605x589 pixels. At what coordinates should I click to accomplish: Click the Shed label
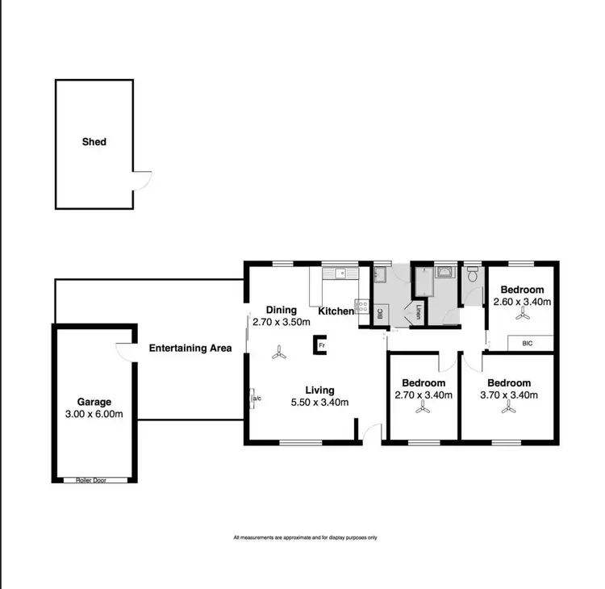[94, 142]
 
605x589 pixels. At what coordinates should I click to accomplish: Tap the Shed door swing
[142, 180]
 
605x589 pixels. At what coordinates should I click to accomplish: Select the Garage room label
[94, 402]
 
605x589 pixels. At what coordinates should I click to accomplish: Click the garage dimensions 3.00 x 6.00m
[94, 415]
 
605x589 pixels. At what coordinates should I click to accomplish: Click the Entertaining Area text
[190, 349]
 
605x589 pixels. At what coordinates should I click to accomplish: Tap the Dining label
[282, 310]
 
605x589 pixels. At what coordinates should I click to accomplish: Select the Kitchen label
[336, 311]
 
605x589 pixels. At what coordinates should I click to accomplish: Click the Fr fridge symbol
[320, 345]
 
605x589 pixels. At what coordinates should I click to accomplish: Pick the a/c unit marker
[256, 399]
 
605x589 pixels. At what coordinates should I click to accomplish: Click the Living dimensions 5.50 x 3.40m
[320, 403]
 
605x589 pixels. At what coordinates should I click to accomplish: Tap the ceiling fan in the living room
[278, 352]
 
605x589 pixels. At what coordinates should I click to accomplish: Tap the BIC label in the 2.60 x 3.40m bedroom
[528, 344]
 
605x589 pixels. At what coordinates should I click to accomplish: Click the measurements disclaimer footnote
[305, 537]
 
